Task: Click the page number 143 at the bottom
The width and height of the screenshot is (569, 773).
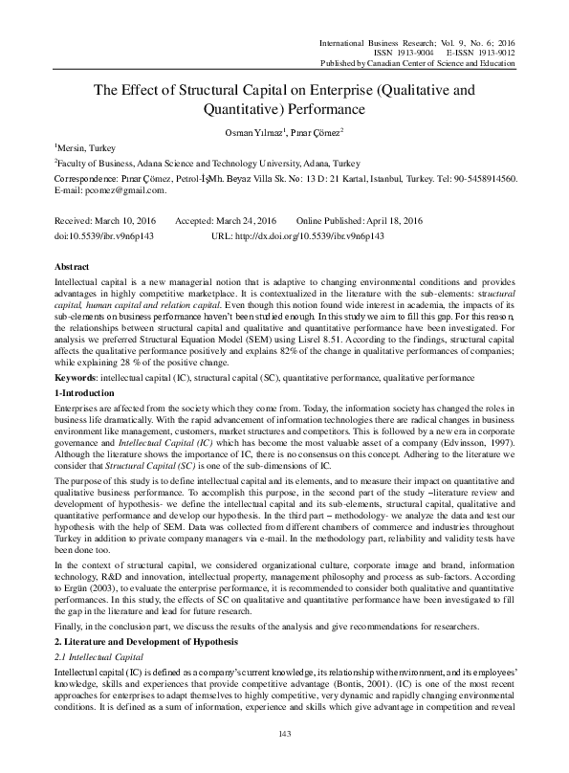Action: [x=283, y=760]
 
